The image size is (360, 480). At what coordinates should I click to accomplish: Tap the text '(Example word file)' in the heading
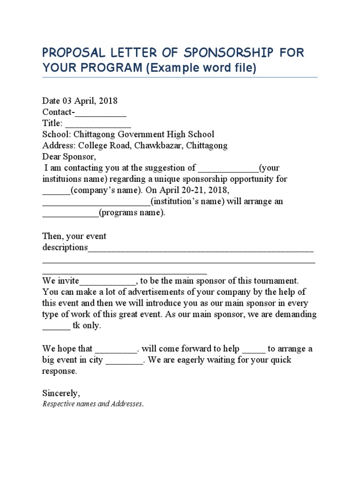coord(202,68)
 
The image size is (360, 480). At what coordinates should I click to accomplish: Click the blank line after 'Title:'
coord(98,123)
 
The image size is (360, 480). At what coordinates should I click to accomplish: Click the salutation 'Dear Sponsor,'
coord(68,157)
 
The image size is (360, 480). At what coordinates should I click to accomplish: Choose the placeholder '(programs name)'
coord(132,213)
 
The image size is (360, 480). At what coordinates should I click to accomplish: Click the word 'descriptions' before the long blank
coord(65,247)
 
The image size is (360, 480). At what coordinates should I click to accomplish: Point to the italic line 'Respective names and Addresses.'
coord(93,404)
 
